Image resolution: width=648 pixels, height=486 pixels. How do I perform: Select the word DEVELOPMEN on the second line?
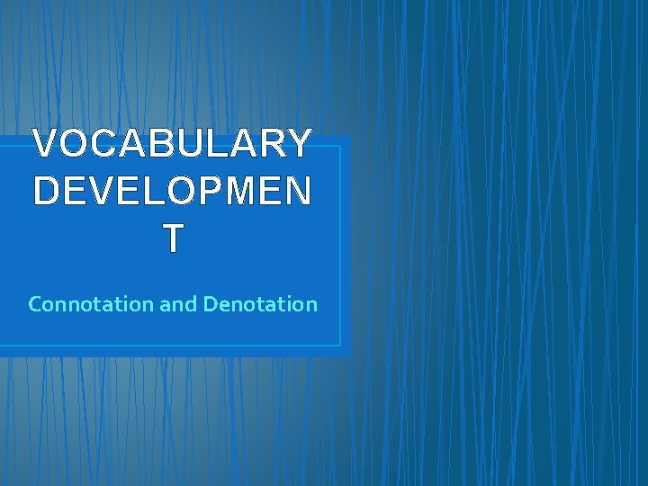(x=172, y=191)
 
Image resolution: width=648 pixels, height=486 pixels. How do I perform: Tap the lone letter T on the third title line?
(x=173, y=238)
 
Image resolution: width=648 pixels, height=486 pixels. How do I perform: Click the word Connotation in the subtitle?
(x=91, y=304)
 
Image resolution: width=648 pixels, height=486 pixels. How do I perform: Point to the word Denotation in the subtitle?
(x=260, y=304)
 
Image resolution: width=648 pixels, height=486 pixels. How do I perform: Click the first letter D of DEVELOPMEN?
(x=46, y=191)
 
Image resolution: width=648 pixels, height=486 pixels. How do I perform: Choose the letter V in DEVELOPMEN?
(x=102, y=191)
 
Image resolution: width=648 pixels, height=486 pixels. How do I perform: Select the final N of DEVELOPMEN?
(x=299, y=191)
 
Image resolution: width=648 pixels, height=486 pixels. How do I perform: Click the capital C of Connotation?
(x=36, y=304)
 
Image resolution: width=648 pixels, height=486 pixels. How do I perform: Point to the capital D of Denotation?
(x=210, y=304)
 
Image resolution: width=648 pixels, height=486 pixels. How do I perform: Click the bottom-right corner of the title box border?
(x=341, y=346)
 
